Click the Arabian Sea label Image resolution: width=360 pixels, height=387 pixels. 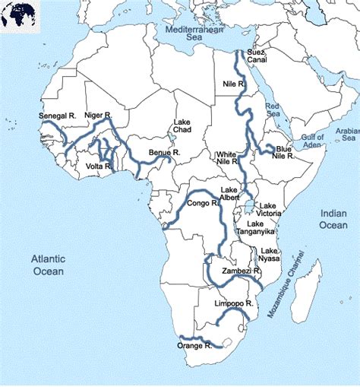349,135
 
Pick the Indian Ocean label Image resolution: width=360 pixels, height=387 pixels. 333,219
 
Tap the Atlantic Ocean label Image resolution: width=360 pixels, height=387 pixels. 48,265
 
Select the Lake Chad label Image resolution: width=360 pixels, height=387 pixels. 182,126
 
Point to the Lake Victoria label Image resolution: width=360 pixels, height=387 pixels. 269,210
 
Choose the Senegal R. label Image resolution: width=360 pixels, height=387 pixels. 58,116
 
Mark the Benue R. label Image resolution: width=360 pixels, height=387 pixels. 165,153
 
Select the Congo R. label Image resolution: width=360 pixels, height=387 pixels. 204,204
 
